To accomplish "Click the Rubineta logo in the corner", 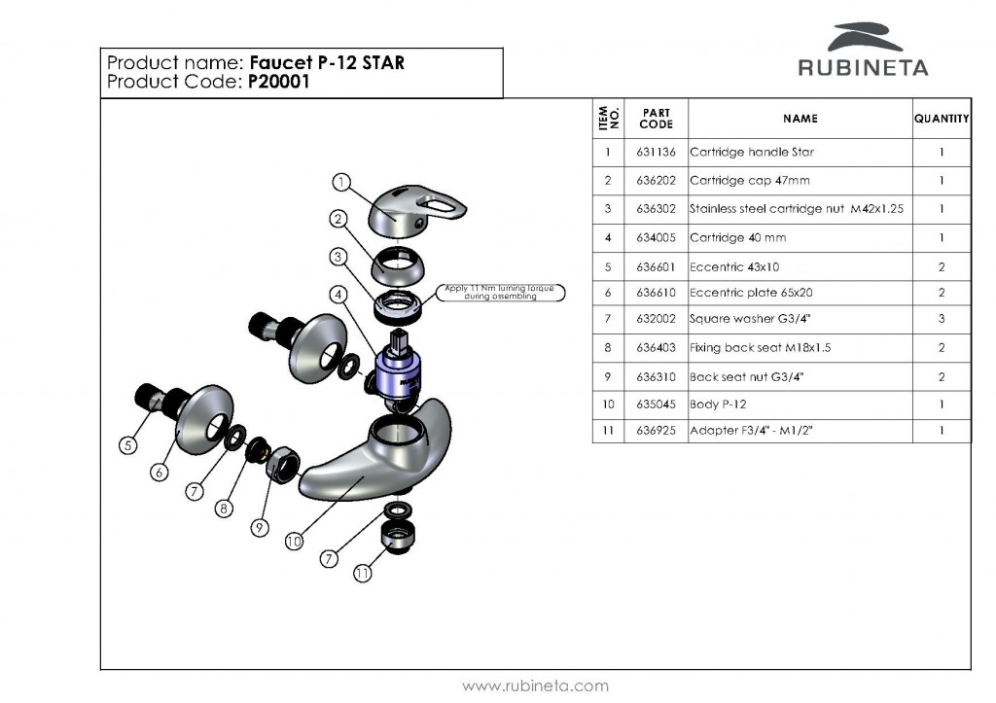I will [863, 50].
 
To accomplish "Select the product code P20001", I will [278, 83].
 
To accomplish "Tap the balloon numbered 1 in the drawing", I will [340, 182].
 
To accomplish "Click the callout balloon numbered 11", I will [362, 574].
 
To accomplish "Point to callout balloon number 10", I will [294, 543].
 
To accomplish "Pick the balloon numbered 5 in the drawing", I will [127, 446].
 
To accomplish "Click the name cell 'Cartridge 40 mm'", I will [737, 237].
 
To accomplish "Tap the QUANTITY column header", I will [941, 119].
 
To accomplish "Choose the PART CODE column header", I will [656, 119].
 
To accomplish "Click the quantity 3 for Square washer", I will [941, 319].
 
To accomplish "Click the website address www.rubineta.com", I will [535, 685].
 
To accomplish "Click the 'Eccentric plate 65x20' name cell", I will [750, 292].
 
